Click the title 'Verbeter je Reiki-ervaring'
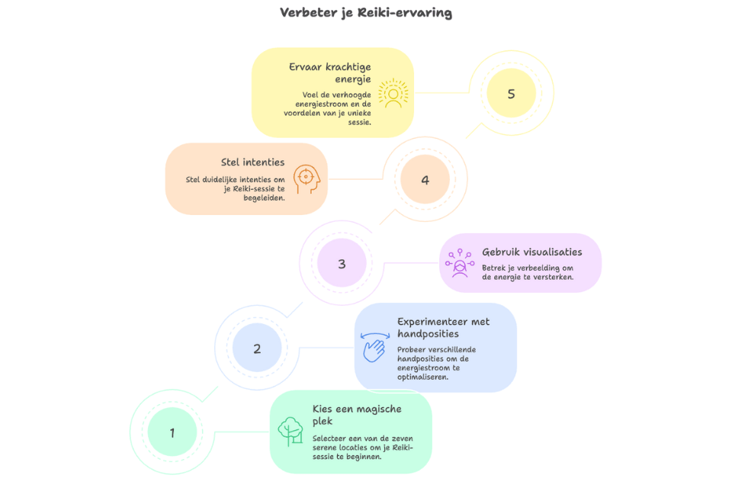click(x=366, y=13)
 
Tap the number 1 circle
click(x=172, y=433)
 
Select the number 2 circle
click(x=257, y=348)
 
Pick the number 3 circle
click(x=342, y=264)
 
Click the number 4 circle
click(x=425, y=180)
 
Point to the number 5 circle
click(x=511, y=94)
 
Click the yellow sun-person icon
click(x=393, y=94)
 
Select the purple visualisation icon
click(x=461, y=264)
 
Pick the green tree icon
click(x=290, y=432)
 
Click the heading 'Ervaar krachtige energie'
click(x=329, y=72)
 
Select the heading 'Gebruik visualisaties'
click(x=531, y=252)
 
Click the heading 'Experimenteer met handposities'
click(x=443, y=327)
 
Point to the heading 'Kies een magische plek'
click(x=357, y=415)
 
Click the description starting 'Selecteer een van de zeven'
click(x=362, y=448)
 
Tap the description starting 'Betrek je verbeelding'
click(x=528, y=272)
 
